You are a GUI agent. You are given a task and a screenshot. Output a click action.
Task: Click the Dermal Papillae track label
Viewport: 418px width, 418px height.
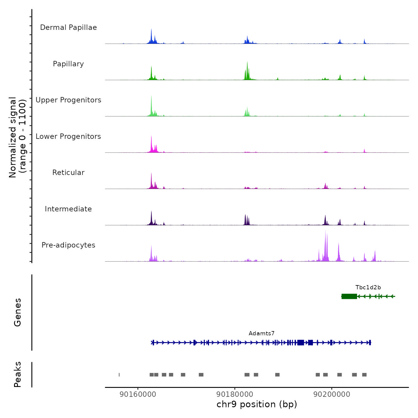tap(68, 27)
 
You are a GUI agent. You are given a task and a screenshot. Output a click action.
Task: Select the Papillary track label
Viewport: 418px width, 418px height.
tap(68, 64)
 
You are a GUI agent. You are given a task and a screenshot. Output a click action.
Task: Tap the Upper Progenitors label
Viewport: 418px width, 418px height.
tap(68, 100)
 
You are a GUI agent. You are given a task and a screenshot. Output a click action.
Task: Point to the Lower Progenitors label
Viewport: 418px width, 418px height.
tap(68, 136)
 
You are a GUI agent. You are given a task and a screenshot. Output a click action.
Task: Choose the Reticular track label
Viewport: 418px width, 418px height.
tap(68, 173)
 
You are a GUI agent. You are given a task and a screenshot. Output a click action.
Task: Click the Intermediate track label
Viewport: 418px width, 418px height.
tap(68, 209)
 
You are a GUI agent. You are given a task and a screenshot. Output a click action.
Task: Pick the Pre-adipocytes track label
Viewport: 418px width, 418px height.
tap(68, 245)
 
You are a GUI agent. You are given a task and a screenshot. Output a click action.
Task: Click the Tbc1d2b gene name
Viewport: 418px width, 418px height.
tap(368, 288)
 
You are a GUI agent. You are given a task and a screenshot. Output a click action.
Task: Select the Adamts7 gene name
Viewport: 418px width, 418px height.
tap(262, 334)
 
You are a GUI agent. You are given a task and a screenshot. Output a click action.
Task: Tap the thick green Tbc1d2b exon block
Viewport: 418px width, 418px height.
tap(349, 296)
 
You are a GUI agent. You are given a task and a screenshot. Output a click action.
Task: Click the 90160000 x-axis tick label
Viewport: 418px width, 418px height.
tap(138, 394)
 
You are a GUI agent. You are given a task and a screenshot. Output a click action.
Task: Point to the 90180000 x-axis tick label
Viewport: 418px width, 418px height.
tap(235, 394)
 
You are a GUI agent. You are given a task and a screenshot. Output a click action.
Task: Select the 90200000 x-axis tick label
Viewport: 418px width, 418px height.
tap(332, 394)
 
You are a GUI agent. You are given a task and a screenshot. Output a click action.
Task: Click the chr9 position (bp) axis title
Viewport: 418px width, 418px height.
tap(257, 404)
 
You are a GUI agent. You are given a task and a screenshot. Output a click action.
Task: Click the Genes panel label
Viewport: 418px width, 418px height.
tap(18, 312)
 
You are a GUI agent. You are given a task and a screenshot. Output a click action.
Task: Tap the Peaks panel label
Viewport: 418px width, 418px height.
tap(18, 374)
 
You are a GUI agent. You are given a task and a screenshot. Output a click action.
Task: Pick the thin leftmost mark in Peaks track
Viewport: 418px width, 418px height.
tap(119, 375)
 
